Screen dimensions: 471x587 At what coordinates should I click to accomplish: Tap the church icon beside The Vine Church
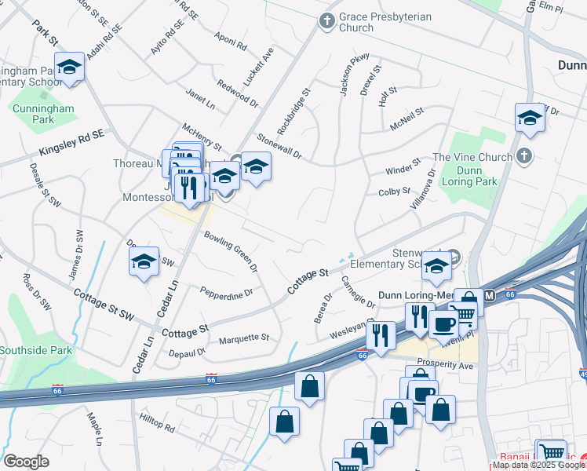[x=526, y=157]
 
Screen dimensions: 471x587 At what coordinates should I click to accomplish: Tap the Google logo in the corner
[x=26, y=461]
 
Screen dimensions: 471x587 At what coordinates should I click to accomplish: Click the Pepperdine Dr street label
[x=226, y=293]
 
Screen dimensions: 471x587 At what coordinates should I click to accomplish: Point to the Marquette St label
[x=243, y=338]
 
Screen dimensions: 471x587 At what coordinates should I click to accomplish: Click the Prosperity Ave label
[x=445, y=365]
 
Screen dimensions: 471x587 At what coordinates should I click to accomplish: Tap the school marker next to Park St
[x=69, y=68]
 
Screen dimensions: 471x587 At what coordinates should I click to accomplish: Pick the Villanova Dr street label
[x=421, y=188]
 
